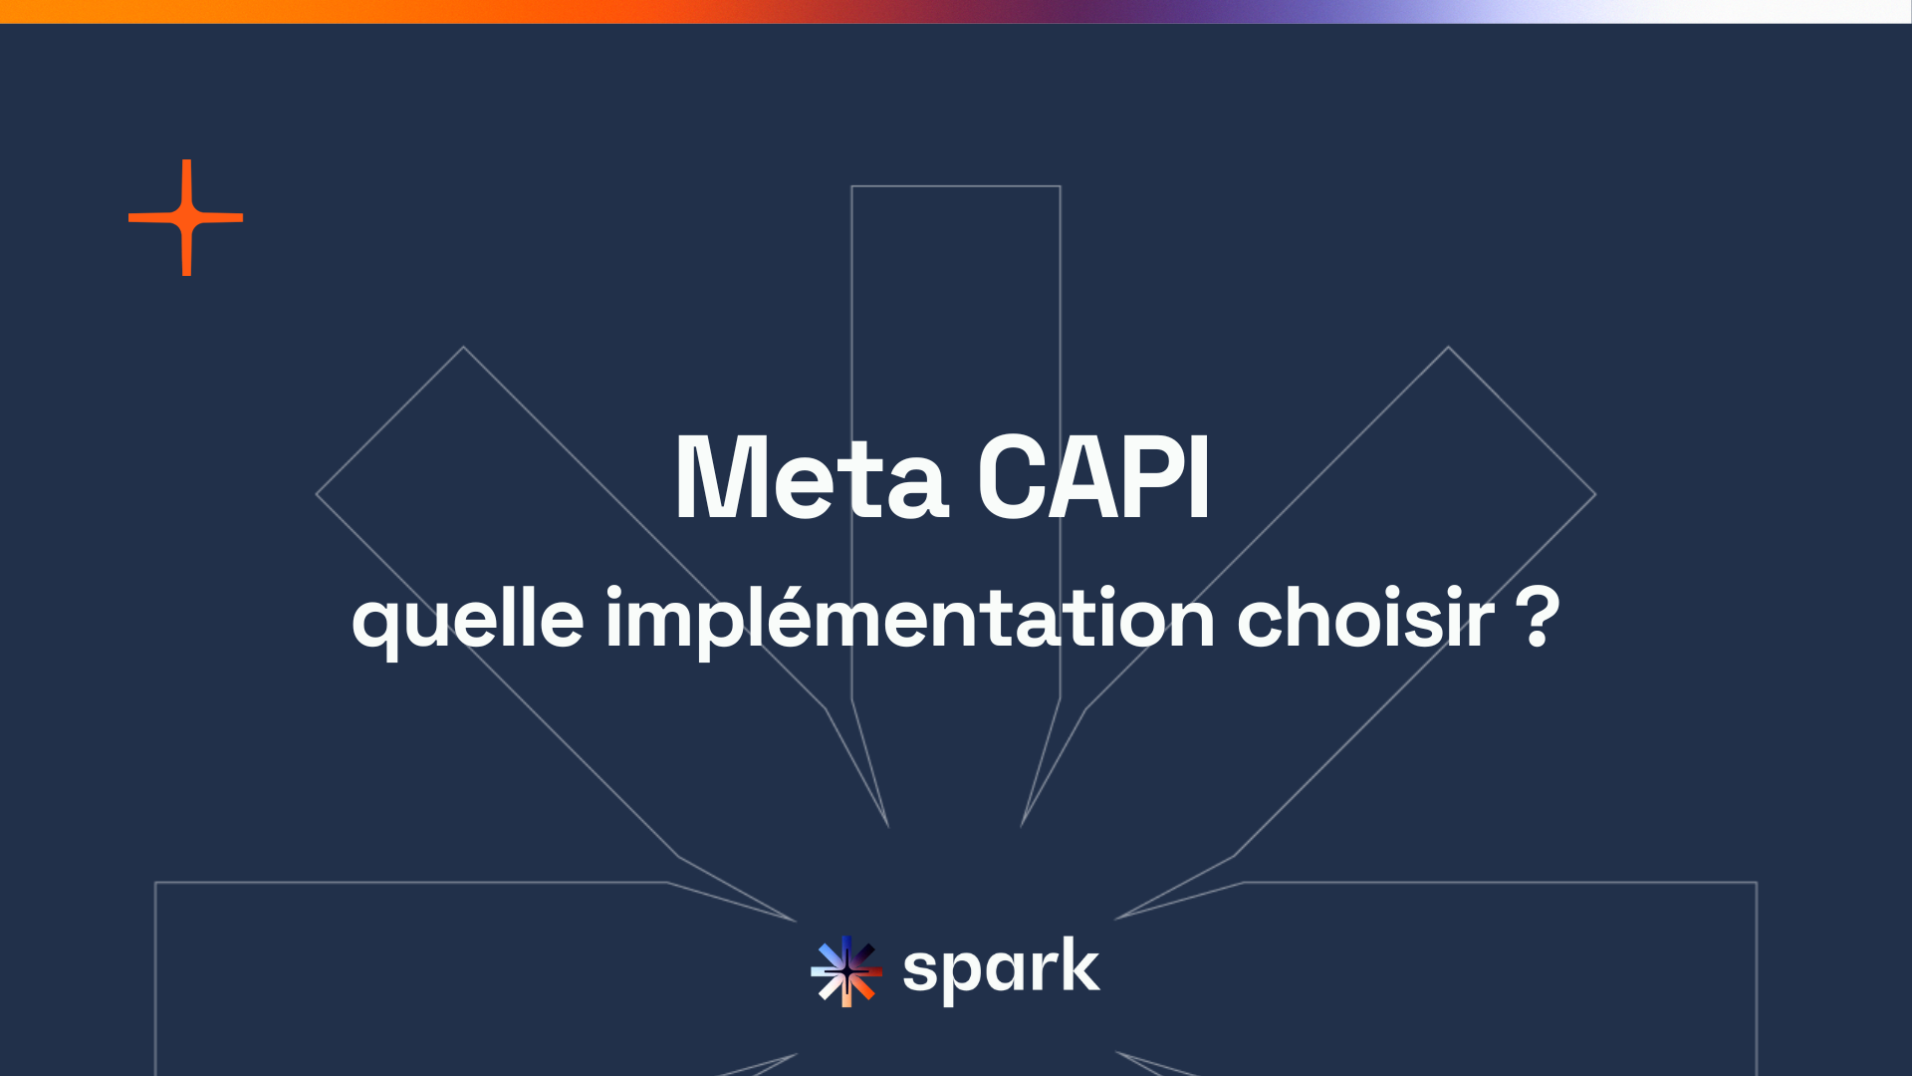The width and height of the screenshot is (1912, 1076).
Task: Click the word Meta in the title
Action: (x=811, y=479)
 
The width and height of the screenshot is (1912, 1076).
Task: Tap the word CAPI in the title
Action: (x=1093, y=479)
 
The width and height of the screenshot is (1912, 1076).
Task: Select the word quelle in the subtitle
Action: (x=467, y=620)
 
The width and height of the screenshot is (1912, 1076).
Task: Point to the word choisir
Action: (x=1365, y=620)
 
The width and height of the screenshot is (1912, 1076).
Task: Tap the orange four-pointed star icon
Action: (x=186, y=217)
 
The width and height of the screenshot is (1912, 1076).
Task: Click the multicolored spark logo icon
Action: (x=845, y=970)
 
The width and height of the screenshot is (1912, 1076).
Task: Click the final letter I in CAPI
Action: (x=1200, y=479)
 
